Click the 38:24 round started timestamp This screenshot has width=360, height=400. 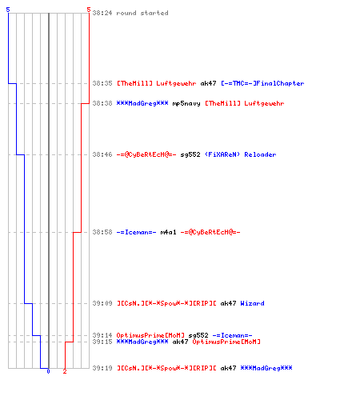(x=102, y=13)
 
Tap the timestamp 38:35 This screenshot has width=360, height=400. (x=102, y=83)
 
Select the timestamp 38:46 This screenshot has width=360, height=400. (x=102, y=154)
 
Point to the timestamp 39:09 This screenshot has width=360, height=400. (x=102, y=303)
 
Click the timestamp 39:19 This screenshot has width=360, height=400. (x=102, y=368)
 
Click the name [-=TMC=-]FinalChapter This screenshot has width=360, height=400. (x=262, y=83)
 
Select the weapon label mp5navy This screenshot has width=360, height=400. (x=186, y=104)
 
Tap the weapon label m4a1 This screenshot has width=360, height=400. (x=168, y=232)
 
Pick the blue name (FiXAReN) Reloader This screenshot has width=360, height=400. (x=241, y=154)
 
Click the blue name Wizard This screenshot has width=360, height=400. (x=252, y=303)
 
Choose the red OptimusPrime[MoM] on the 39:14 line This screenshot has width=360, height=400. (x=150, y=335)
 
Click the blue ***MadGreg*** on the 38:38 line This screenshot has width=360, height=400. (x=142, y=103)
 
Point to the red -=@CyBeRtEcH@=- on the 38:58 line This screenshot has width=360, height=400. (x=210, y=232)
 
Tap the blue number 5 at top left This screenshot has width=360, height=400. (x=8, y=10)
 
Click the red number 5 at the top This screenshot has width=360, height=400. (x=89, y=10)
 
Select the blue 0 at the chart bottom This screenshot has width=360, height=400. (x=48, y=371)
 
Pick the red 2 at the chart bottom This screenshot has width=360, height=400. (x=65, y=371)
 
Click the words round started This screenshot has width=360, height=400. (x=142, y=13)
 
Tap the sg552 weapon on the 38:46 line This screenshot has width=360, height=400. (x=190, y=154)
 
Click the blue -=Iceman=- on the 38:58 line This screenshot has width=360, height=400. (x=136, y=232)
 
